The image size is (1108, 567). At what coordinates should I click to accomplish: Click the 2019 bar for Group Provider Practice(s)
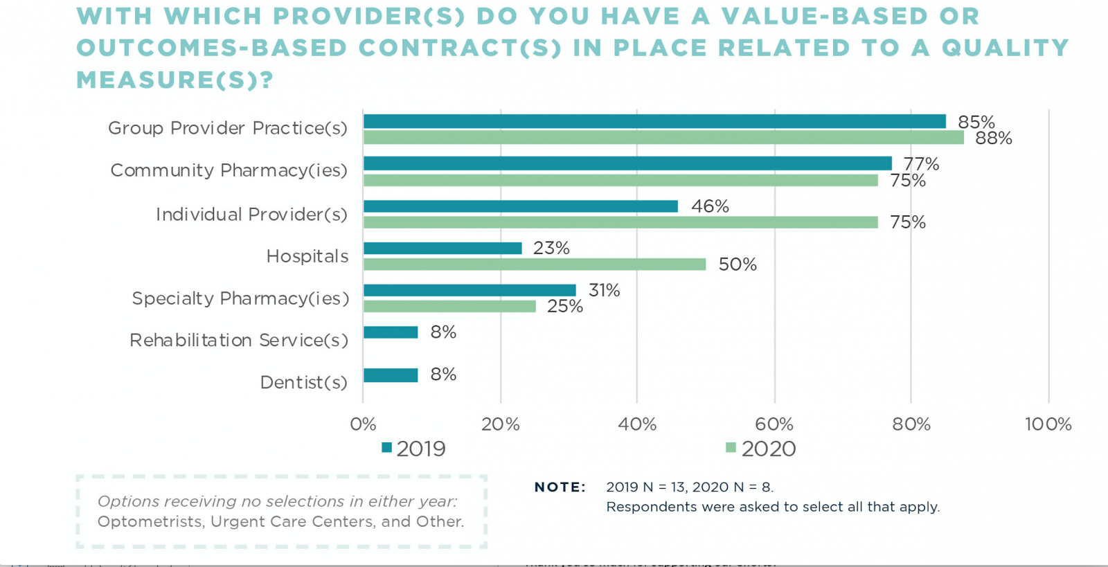point(654,121)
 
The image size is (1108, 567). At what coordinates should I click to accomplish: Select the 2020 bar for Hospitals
point(535,264)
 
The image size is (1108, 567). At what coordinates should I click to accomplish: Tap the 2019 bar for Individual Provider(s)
point(521,206)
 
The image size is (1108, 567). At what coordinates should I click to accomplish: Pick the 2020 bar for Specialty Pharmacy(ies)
point(449,306)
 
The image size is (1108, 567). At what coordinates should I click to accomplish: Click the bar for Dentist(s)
point(391,375)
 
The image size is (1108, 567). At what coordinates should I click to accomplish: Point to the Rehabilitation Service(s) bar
point(391,332)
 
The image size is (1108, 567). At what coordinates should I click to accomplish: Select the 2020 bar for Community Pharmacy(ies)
point(620,181)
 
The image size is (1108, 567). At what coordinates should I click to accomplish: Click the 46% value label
point(710,206)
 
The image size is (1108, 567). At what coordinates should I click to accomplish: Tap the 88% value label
point(994,138)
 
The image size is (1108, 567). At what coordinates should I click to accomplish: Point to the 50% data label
point(738,264)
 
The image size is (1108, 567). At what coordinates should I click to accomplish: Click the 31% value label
point(604,290)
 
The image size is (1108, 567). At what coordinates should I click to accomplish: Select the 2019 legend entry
point(414,449)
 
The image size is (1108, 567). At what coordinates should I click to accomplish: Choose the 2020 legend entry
point(761,449)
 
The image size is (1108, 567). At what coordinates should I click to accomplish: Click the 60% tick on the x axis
point(774,424)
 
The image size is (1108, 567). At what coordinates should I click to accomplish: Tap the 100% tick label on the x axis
point(1048,424)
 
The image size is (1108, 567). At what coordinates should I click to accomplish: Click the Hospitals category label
point(307,257)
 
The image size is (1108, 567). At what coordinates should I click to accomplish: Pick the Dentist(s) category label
point(303,382)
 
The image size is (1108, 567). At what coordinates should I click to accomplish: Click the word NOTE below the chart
point(560,487)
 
